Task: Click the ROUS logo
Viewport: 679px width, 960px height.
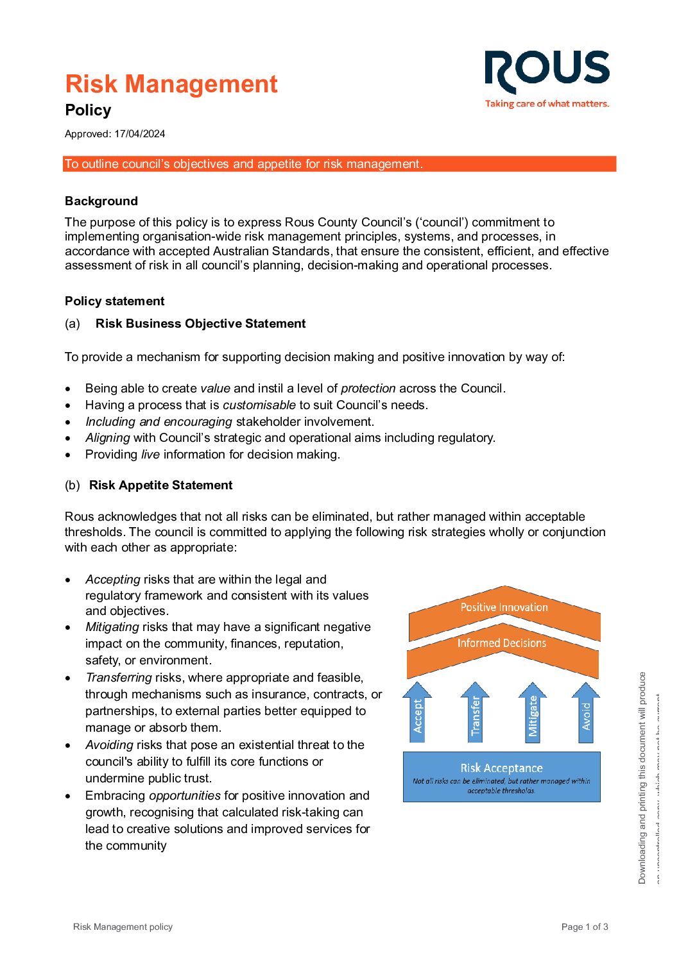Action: click(547, 71)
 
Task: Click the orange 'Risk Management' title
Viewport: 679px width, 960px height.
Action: click(171, 84)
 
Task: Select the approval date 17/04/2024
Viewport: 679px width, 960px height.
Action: click(140, 134)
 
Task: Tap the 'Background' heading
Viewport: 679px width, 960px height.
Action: click(101, 201)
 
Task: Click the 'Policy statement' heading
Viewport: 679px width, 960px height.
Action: click(114, 301)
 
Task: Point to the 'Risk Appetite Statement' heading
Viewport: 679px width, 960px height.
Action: click(160, 485)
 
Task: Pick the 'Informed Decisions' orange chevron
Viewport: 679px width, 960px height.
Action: click(502, 644)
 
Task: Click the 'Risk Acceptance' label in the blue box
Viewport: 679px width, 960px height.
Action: click(501, 768)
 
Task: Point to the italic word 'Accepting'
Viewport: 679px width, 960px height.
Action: click(113, 579)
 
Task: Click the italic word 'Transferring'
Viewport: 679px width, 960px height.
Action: click(119, 677)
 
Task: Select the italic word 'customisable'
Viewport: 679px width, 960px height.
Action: click(259, 405)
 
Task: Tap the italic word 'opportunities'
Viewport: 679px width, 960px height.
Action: click(185, 795)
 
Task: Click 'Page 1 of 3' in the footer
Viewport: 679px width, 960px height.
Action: click(585, 927)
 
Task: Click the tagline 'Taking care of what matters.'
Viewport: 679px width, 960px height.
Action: click(547, 104)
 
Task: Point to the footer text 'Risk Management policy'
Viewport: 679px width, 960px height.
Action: click(123, 927)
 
